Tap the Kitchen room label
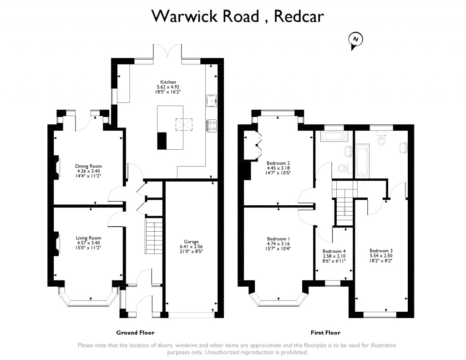(x=168, y=82)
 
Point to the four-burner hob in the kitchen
(x=212, y=126)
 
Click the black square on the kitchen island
(x=162, y=141)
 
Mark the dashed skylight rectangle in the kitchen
(x=184, y=124)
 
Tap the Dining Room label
(x=88, y=166)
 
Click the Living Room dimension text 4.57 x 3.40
(x=88, y=243)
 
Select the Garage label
(x=191, y=242)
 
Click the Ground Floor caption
(x=135, y=333)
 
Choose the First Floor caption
(x=325, y=333)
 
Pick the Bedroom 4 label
(x=334, y=251)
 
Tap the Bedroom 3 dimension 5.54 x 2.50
(x=381, y=256)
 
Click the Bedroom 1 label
(x=279, y=239)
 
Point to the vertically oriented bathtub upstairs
(x=362, y=160)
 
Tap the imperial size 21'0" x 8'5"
(x=191, y=251)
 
